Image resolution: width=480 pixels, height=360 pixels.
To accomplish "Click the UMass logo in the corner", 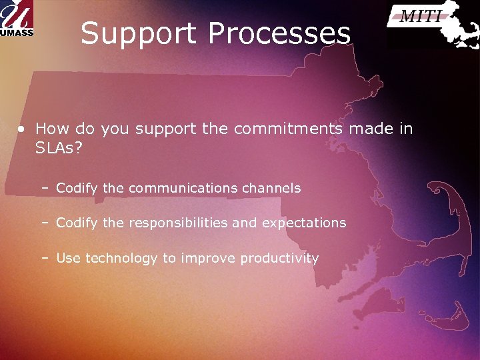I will point(17,19).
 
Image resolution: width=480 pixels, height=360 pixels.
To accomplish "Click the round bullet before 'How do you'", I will point(22,129).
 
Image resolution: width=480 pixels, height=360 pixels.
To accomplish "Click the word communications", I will point(183,189).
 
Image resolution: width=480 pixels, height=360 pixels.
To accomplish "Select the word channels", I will point(271,189).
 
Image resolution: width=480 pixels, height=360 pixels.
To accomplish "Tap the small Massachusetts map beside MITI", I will point(460,27).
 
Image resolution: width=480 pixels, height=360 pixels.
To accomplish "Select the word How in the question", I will point(50,129).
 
